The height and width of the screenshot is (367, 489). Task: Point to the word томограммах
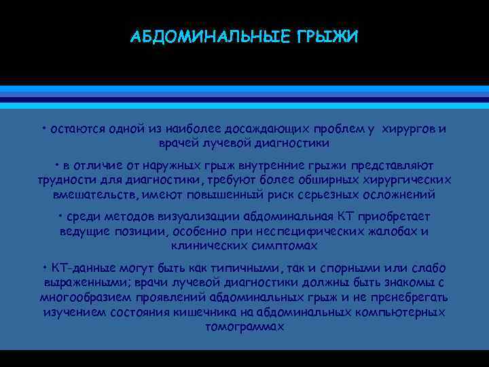(x=244, y=326)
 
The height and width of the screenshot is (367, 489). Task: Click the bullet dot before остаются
(x=43, y=128)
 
